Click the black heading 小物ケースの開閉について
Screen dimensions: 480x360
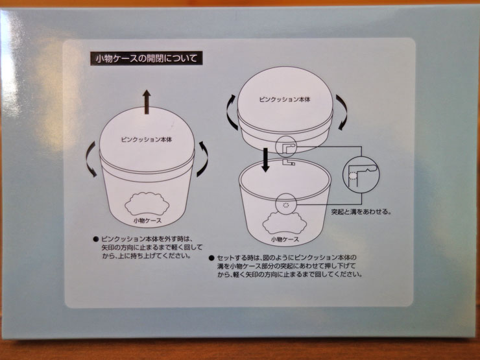(147, 58)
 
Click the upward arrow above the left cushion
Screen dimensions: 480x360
(147, 102)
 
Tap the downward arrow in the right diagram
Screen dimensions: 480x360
(266, 160)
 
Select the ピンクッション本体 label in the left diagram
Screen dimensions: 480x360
(147, 139)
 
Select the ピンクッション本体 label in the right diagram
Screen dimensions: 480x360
(285, 99)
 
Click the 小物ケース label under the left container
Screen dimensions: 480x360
(147, 221)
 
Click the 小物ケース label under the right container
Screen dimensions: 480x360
(285, 239)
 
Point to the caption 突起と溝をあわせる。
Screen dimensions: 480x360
(361, 211)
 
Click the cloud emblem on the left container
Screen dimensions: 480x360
(147, 203)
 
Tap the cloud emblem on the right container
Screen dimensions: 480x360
(285, 222)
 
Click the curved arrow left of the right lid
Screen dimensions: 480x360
(230, 112)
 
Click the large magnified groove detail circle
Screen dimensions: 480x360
(361, 174)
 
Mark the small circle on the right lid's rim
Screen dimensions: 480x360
(285, 147)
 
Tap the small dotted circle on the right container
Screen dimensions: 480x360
(286, 204)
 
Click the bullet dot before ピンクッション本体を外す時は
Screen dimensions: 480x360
(96, 239)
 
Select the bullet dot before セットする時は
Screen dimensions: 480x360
(211, 258)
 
